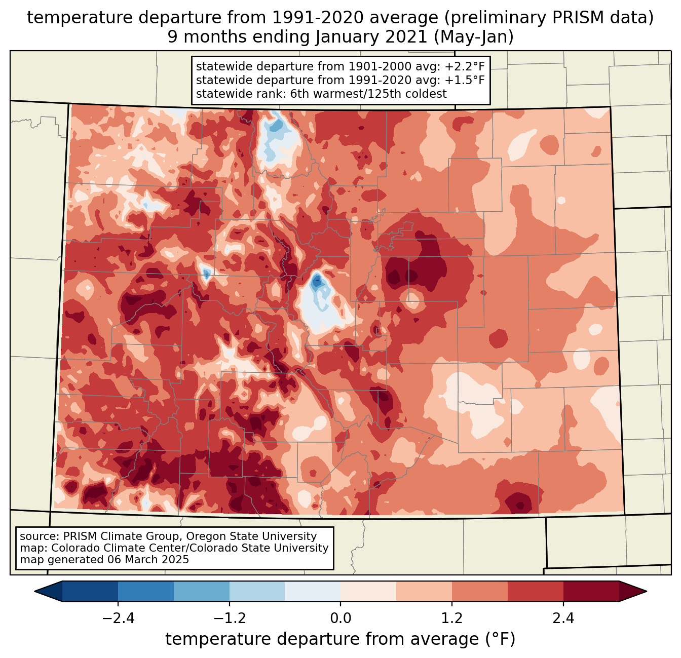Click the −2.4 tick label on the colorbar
118,618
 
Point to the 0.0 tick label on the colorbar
340,618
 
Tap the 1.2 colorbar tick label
452,618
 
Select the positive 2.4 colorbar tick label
563,618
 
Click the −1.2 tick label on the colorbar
230,618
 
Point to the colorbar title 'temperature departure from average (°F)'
340,639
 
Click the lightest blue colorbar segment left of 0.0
313,591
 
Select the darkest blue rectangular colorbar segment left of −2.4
90,591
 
